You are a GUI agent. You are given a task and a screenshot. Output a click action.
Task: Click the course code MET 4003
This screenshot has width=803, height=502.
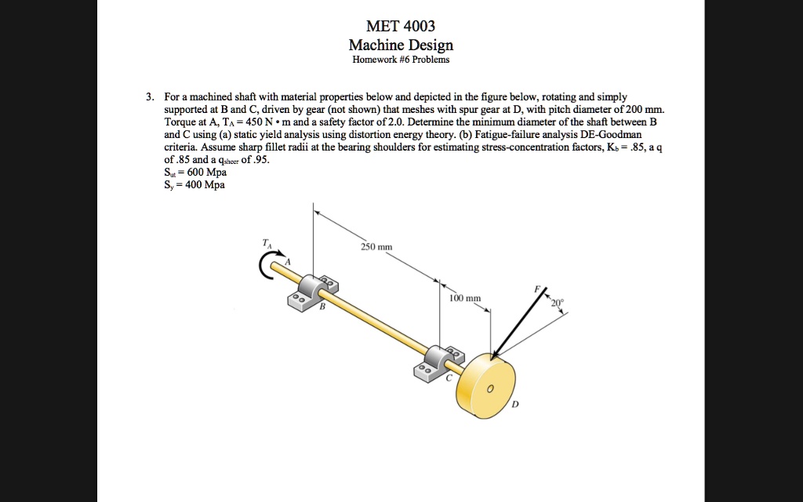(x=401, y=27)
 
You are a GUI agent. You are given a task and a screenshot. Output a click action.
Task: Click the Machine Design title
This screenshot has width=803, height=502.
(x=401, y=45)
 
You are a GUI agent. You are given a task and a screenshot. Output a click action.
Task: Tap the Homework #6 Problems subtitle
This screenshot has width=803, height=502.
(x=401, y=60)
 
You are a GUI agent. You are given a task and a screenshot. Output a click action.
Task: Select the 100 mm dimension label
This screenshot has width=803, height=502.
(x=465, y=299)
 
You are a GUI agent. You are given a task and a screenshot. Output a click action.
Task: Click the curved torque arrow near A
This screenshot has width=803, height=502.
(x=264, y=266)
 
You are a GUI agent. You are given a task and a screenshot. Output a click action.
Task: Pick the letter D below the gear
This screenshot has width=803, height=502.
(x=515, y=406)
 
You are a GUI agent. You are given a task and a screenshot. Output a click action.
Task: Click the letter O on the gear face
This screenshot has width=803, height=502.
(x=489, y=390)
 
